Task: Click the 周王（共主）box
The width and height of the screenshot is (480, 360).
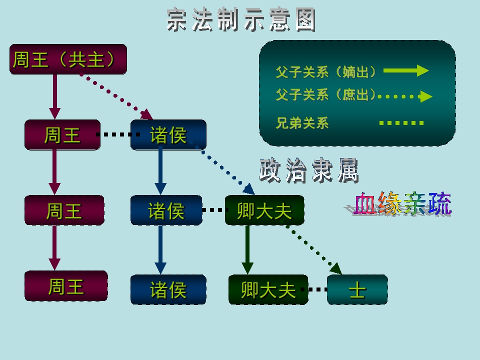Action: click(68, 59)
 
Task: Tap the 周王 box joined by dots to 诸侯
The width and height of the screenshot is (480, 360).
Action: click(62, 135)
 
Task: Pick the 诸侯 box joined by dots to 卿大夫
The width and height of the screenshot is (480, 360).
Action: click(166, 210)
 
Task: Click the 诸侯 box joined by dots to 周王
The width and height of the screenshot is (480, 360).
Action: click(168, 135)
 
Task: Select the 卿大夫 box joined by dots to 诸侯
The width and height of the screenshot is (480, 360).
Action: click(264, 210)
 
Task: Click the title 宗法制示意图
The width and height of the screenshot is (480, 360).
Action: click(241, 20)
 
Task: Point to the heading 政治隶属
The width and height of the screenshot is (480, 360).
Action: click(309, 171)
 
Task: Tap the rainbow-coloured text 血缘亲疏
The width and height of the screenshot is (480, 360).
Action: click(402, 204)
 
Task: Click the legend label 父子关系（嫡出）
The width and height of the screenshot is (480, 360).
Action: click(326, 72)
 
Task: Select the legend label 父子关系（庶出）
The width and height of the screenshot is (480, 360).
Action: click(326, 94)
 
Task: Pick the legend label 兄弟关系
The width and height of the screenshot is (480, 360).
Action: click(302, 123)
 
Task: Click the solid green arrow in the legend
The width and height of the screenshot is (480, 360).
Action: click(406, 71)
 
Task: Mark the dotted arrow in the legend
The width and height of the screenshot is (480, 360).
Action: click(405, 95)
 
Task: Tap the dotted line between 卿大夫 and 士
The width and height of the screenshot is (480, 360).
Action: click(317, 289)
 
